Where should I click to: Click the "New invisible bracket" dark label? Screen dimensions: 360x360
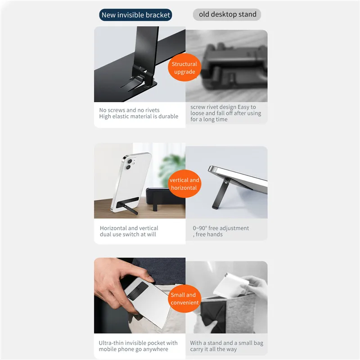[135, 15]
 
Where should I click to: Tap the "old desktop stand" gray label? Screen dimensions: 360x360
[227, 14]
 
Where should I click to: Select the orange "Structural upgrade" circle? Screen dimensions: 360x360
[184, 67]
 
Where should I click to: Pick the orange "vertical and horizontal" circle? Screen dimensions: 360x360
[184, 184]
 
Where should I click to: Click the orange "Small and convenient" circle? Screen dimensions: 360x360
[184, 298]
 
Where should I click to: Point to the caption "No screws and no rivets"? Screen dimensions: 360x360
[129, 110]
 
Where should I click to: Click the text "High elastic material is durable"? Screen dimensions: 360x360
[139, 117]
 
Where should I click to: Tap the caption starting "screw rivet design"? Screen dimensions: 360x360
[226, 113]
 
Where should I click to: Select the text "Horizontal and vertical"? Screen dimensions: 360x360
[129, 228]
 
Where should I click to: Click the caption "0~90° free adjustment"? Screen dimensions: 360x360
[221, 228]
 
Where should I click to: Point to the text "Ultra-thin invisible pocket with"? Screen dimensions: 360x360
[138, 343]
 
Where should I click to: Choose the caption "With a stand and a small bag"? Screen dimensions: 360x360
[227, 343]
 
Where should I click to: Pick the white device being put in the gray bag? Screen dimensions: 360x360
[231, 285]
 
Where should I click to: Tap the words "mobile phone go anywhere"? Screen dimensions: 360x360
[133, 349]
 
